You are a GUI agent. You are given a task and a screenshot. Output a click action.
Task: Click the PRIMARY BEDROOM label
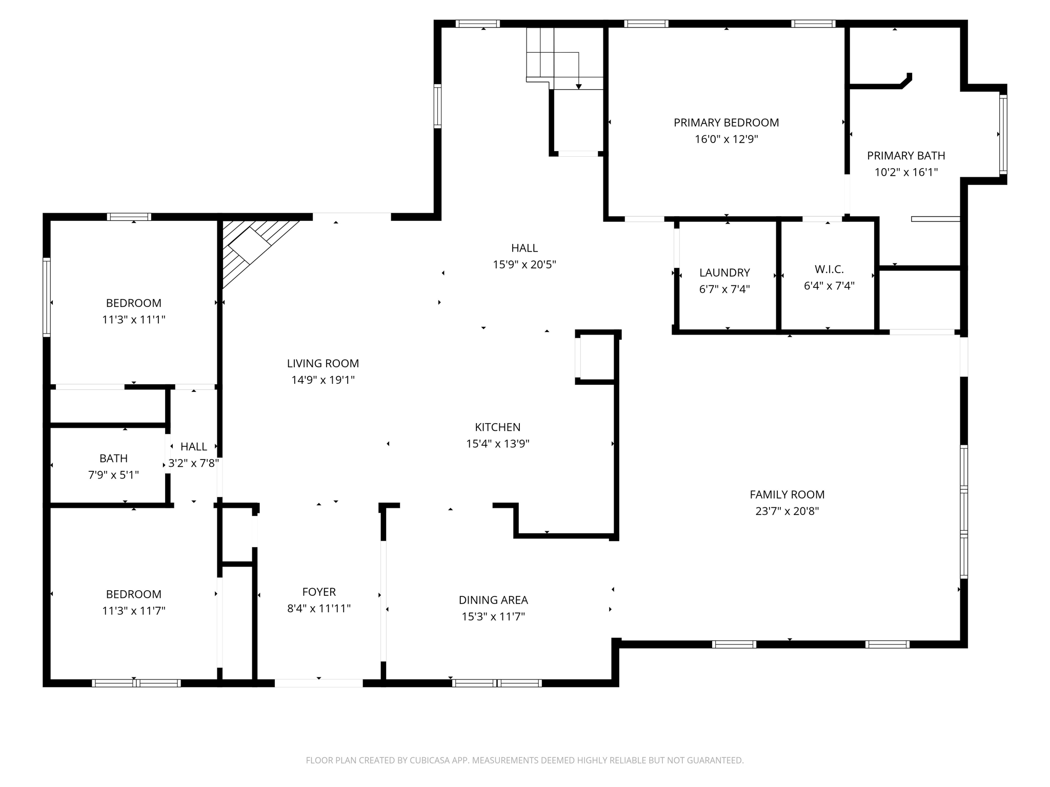point(726,122)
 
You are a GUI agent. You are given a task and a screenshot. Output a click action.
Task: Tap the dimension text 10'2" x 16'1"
point(906,172)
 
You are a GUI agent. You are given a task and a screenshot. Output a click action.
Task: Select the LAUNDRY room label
point(724,273)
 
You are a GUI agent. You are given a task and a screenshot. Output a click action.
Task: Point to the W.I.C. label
point(829,269)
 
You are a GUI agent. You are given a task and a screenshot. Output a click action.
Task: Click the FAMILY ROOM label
point(787,494)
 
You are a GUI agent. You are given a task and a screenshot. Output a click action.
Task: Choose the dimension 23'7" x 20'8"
point(787,511)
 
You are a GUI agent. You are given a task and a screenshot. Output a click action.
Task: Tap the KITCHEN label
point(497,427)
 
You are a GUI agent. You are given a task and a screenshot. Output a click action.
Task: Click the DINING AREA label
point(493,599)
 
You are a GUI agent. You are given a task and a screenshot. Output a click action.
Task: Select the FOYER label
point(319,592)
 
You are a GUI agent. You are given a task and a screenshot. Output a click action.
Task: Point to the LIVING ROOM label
point(322,363)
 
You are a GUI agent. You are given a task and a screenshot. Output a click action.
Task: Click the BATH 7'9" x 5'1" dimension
point(113,475)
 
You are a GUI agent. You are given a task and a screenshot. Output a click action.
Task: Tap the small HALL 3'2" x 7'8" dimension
point(194,463)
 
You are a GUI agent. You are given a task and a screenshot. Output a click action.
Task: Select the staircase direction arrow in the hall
point(579,87)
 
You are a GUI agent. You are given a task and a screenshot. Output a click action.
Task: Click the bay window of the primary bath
point(1003,134)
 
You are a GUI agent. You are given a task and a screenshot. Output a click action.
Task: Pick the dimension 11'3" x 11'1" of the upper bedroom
point(133,320)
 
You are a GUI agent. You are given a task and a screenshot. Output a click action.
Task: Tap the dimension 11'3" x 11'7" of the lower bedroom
point(133,611)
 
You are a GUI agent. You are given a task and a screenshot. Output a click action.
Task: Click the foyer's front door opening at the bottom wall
point(318,682)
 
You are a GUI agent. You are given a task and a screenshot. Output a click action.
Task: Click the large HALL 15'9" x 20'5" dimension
point(524,265)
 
